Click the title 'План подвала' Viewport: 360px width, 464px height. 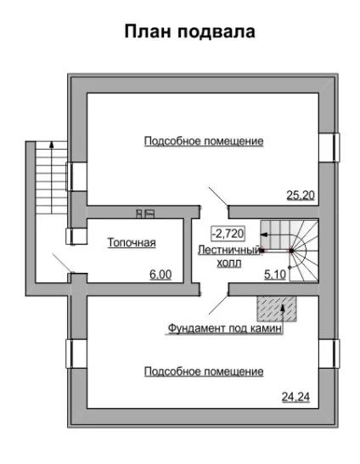(189, 31)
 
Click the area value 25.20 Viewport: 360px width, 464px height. (301, 195)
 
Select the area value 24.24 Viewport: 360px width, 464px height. (295, 397)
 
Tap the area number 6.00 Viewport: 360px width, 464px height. (160, 274)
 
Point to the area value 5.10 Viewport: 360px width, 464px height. (275, 274)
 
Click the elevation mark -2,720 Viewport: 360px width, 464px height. (228, 234)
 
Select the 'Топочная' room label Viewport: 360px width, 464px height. (132, 242)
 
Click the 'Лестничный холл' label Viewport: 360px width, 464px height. (229, 257)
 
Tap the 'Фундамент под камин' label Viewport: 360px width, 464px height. (225, 329)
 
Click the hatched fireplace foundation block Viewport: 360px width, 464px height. (277, 308)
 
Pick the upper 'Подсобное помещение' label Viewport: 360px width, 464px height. (204, 141)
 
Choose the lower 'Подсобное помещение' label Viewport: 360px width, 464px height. (204, 371)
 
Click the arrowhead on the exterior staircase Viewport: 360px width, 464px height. (52, 144)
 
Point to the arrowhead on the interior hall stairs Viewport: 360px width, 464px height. (264, 235)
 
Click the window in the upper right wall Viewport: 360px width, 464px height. (329, 148)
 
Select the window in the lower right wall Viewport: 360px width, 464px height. (329, 354)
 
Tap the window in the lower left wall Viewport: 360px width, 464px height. (76, 354)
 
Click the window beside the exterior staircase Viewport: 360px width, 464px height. (76, 177)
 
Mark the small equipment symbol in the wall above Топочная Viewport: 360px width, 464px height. (145, 213)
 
